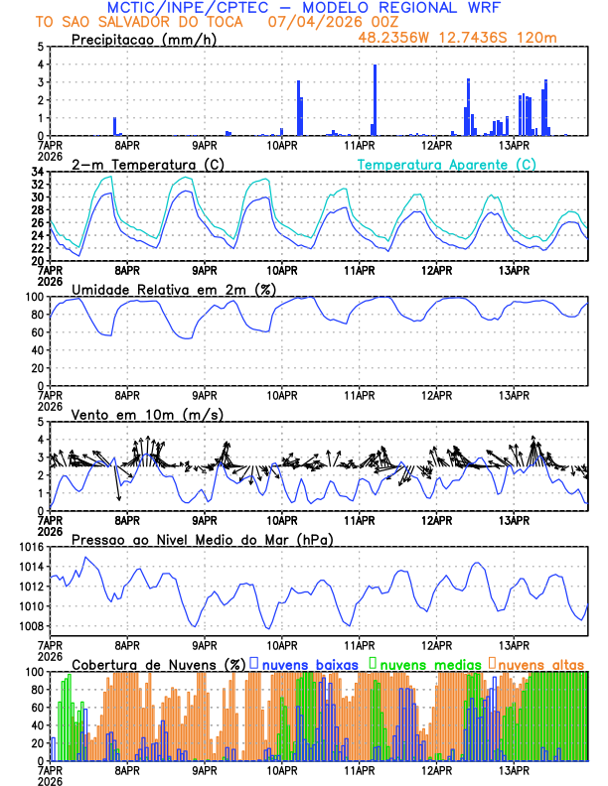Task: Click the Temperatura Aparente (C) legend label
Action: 446,164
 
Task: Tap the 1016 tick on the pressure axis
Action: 31,547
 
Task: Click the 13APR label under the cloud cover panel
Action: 514,770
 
